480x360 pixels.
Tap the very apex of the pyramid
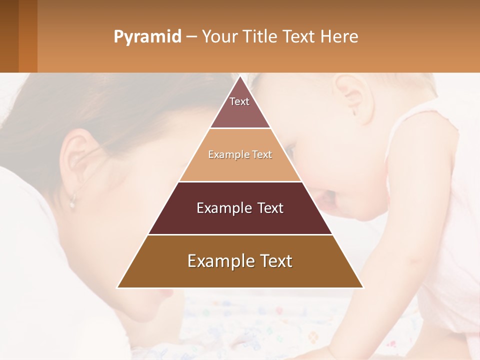tap(240, 77)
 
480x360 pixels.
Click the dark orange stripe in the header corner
tap(28, 36)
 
